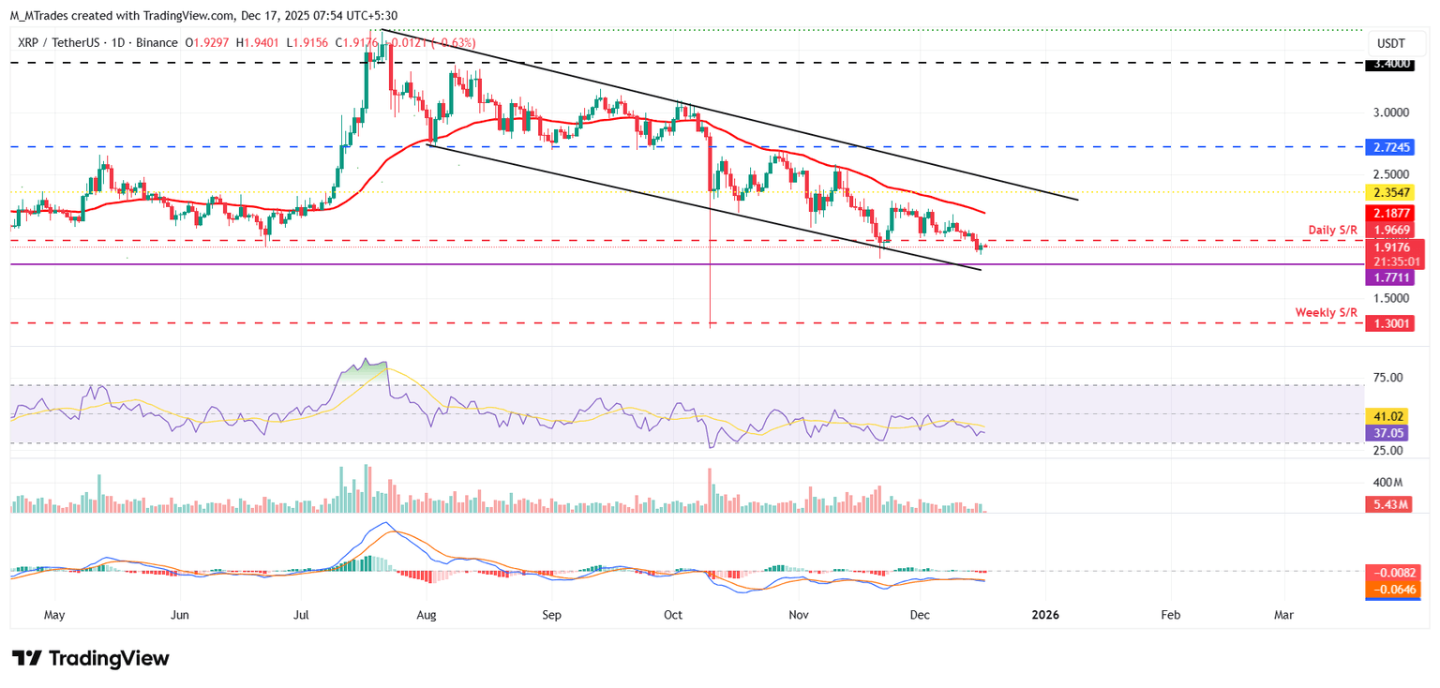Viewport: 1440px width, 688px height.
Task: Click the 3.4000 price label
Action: click(x=1391, y=64)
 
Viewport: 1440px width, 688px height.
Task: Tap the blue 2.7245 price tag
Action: click(x=1391, y=147)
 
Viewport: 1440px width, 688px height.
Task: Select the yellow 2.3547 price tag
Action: click(x=1391, y=192)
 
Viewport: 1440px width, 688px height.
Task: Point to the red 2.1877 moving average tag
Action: click(x=1391, y=214)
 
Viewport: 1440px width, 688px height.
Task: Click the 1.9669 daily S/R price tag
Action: click(x=1391, y=231)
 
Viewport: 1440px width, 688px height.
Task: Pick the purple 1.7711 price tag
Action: click(x=1391, y=278)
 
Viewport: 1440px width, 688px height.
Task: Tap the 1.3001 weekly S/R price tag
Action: click(x=1391, y=323)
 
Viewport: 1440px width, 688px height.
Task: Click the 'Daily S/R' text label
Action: click(x=1333, y=230)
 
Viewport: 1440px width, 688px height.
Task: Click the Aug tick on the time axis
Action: click(x=427, y=615)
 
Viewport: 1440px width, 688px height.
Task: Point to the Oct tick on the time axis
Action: click(x=673, y=615)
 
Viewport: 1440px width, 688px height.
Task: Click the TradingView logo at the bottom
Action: click(x=91, y=658)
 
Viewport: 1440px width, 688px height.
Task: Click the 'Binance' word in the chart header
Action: click(x=158, y=43)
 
